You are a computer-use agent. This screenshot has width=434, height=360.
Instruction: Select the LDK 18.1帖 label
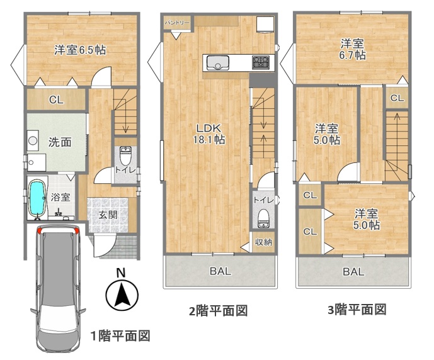209,134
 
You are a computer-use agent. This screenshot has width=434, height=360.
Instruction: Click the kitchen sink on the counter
218,63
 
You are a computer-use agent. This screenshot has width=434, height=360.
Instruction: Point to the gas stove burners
260,62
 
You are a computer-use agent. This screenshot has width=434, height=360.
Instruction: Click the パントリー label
177,23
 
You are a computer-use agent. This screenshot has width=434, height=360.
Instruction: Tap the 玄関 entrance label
108,215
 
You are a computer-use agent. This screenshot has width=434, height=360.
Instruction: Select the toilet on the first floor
125,155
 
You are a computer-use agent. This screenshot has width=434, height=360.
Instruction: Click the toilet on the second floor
263,218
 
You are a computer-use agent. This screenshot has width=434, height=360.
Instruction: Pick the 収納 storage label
263,242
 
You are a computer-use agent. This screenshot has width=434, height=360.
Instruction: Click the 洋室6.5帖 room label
80,50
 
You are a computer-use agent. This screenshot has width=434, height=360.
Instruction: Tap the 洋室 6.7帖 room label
352,49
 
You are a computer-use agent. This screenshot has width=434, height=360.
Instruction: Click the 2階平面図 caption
218,311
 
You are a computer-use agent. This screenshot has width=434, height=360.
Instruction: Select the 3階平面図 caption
357,310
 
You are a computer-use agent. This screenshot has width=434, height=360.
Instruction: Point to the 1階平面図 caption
121,335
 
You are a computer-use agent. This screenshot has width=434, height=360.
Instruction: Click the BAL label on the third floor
354,272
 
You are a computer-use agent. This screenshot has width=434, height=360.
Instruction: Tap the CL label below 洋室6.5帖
56,100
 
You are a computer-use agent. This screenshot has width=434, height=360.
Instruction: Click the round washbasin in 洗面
33,140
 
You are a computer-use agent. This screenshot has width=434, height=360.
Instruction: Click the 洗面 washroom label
60,142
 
